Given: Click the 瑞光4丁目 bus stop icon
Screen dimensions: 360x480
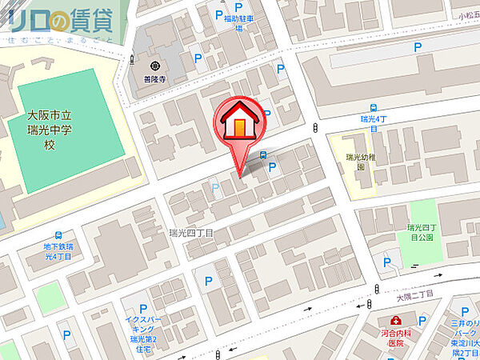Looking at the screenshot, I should pos(374,108).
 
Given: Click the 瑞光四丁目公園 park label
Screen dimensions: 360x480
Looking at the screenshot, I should pos(418,232).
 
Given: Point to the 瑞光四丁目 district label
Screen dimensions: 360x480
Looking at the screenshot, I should pos(191,233).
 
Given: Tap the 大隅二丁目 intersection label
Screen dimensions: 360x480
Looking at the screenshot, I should pos(414,295).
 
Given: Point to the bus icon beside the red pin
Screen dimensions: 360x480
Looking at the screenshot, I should pos(263,155).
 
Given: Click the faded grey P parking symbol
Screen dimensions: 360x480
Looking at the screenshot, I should pos(214,188).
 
